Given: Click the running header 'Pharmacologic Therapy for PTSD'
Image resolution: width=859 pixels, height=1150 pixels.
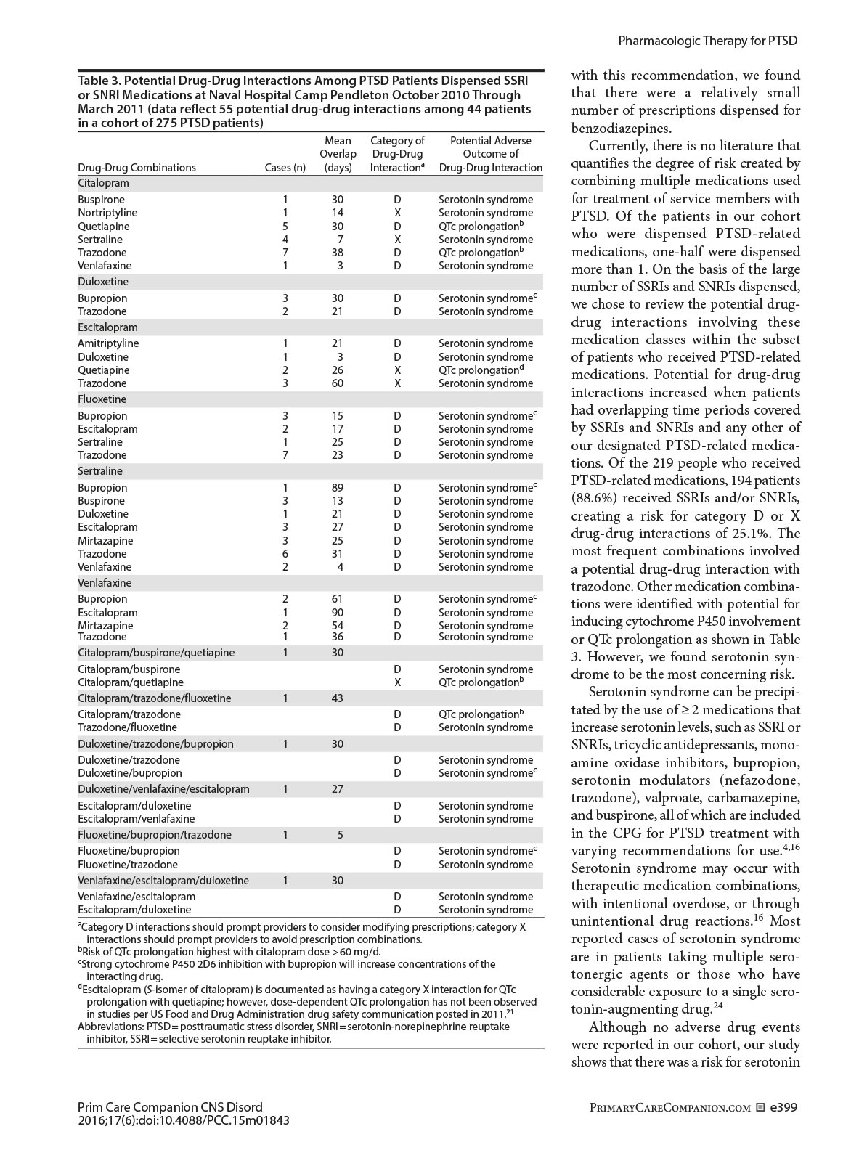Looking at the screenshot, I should pos(707,41).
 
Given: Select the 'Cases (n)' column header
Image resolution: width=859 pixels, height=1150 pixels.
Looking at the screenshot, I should pos(285,168).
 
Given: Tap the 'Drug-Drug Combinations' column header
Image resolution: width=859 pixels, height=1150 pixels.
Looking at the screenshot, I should pos(137,168).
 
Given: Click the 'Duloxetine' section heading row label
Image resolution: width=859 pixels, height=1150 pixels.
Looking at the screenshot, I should pos(103,282).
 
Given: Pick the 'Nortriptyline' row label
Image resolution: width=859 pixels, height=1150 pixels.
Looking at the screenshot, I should pos(107,213).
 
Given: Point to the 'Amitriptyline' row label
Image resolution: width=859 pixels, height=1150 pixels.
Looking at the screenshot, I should pos(108,343).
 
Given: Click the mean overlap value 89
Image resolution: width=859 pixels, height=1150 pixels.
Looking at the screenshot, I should pos(337,488).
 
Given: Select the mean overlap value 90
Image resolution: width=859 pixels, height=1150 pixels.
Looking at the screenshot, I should pos(337,613).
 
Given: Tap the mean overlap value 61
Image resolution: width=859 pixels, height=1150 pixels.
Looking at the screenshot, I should pos(337,599).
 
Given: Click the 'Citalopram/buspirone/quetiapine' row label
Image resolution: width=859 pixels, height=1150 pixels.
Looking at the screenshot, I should pos(156,653).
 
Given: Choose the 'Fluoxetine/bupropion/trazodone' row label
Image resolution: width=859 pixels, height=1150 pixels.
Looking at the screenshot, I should pos(155,835).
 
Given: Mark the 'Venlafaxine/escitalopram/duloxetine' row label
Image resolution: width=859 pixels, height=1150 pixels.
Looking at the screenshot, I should pos(163,881).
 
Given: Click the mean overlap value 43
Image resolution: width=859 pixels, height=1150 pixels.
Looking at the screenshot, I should pos(337,698).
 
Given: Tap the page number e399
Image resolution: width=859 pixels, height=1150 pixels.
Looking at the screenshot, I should pos(784,1107).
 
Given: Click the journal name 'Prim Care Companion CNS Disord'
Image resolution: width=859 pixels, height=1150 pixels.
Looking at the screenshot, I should pos(170,1107).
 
